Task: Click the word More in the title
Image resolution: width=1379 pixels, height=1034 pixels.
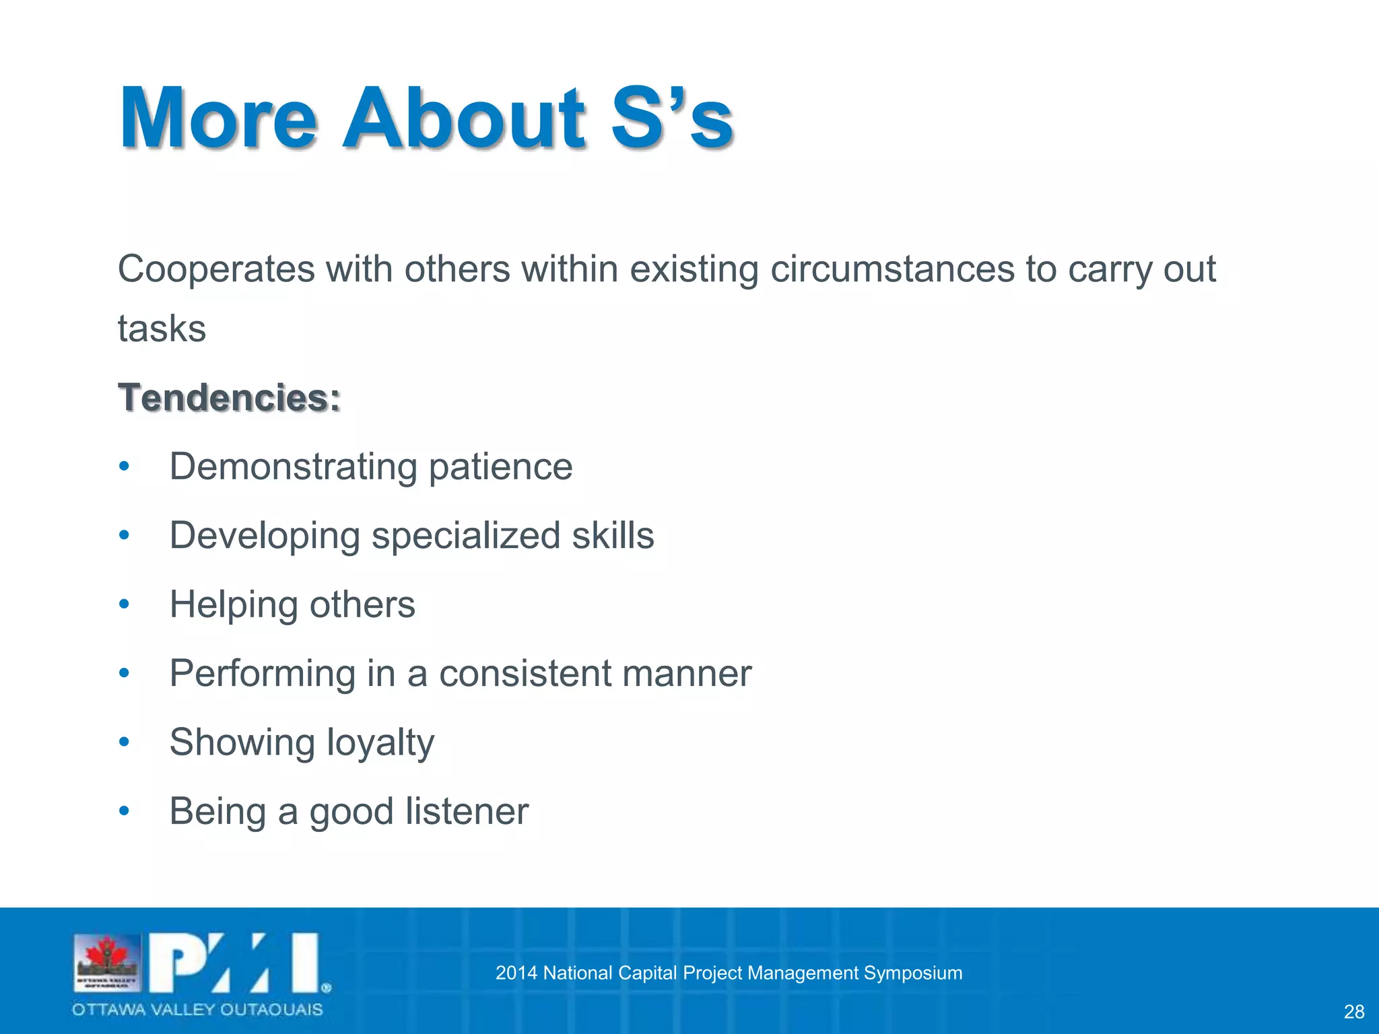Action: pyautogui.click(x=217, y=118)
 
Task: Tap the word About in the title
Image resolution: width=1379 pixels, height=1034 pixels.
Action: pyautogui.click(x=465, y=118)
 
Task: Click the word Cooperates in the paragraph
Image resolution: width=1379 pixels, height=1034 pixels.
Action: pyautogui.click(x=216, y=270)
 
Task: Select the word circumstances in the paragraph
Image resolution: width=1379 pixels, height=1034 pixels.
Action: pyautogui.click(x=892, y=270)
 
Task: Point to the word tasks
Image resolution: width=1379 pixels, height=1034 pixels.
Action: pyautogui.click(x=162, y=329)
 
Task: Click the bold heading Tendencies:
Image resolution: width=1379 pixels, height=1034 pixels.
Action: pyautogui.click(x=229, y=397)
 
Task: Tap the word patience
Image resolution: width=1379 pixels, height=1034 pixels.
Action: pyautogui.click(x=500, y=467)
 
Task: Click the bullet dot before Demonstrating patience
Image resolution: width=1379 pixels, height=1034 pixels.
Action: pyautogui.click(x=123, y=467)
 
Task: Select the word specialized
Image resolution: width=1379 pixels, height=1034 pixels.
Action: pyautogui.click(x=466, y=537)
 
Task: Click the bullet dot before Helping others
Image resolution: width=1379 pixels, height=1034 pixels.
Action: pyautogui.click(x=123, y=605)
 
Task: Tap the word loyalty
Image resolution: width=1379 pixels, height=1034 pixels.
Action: pyautogui.click(x=380, y=743)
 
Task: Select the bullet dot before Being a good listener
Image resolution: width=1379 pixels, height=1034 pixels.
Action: pyautogui.click(x=123, y=811)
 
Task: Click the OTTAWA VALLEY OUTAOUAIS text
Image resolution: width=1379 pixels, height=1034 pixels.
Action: pyautogui.click(x=197, y=1010)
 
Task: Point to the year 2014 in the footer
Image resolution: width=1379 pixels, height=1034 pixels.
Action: pyautogui.click(x=516, y=973)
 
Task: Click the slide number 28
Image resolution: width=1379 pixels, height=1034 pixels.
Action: pyautogui.click(x=1353, y=1012)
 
